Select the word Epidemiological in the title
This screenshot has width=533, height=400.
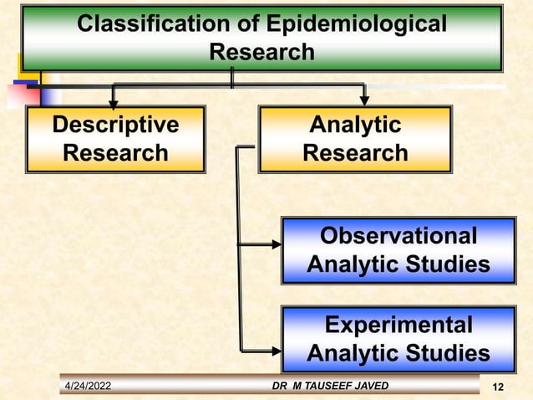click(349, 24)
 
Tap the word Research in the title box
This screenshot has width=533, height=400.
click(261, 52)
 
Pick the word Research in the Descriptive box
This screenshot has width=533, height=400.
click(115, 154)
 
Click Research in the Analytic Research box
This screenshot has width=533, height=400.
click(355, 154)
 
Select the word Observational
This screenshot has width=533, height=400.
click(398, 236)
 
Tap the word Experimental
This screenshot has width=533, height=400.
click(398, 325)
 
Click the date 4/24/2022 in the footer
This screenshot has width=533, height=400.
click(94, 386)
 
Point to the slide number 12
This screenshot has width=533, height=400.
click(499, 387)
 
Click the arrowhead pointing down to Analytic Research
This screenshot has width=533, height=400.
click(364, 99)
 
